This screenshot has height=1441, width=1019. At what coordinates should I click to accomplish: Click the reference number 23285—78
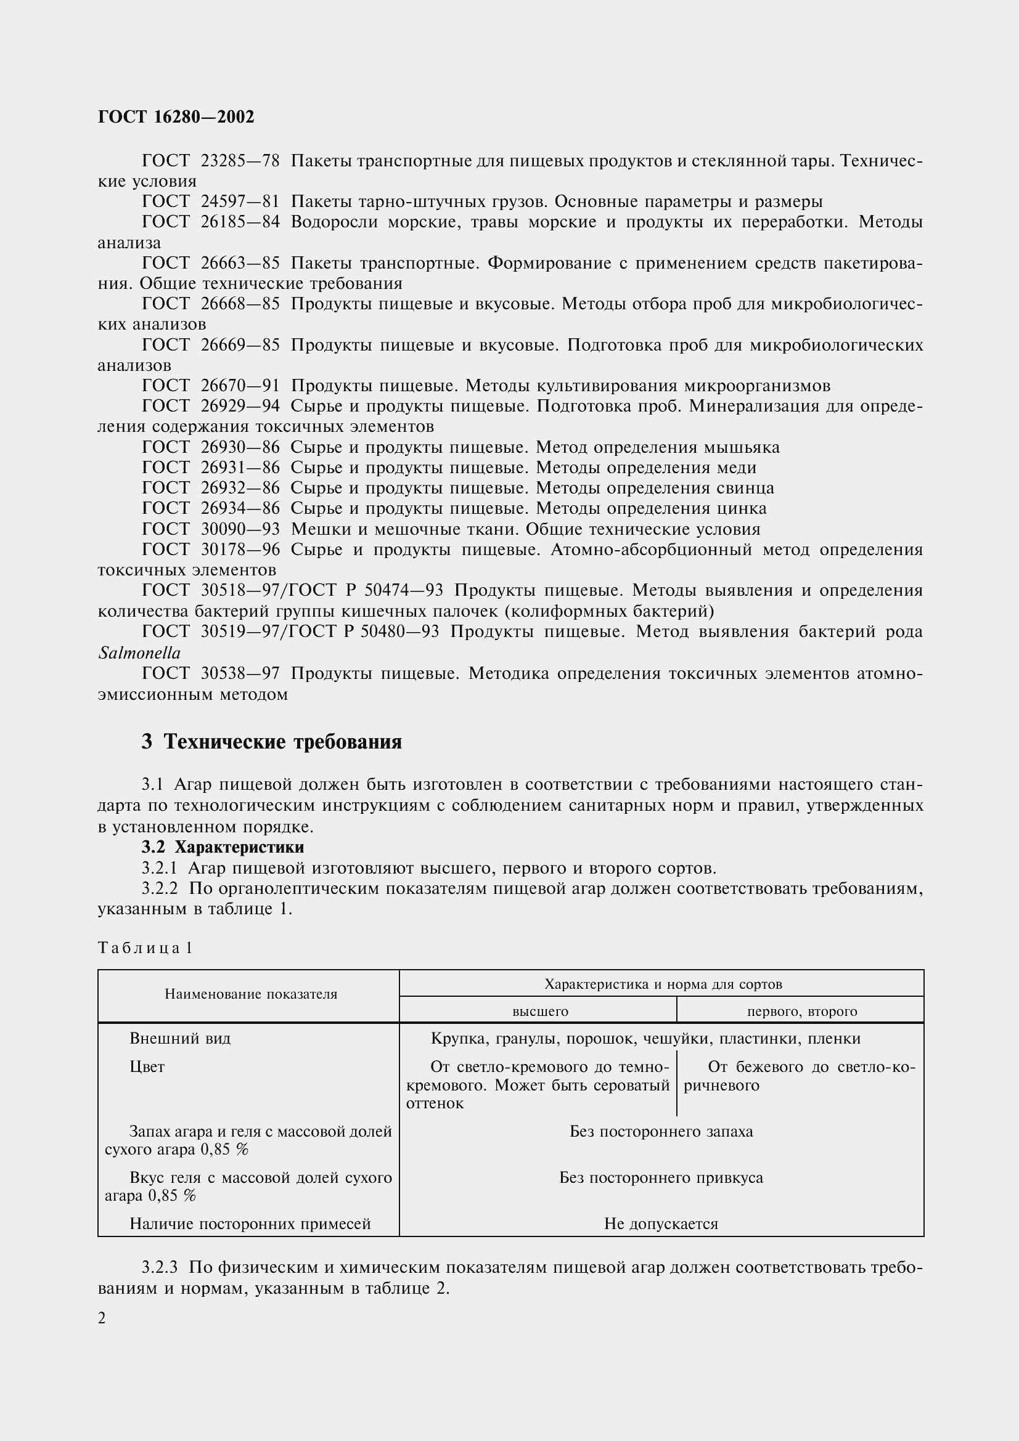click(x=240, y=161)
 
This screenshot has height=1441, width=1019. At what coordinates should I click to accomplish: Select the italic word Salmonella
click(x=139, y=653)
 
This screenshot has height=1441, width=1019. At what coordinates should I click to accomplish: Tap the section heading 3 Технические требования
click(x=271, y=742)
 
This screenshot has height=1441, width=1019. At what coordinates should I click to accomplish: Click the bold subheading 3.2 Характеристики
click(x=223, y=847)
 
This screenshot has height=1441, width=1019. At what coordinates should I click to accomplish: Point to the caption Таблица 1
click(x=144, y=948)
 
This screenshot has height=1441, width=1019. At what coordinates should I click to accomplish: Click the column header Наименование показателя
click(x=250, y=994)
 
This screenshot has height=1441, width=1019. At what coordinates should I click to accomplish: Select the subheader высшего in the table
click(x=540, y=1011)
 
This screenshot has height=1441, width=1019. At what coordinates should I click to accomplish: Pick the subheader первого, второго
click(x=801, y=1011)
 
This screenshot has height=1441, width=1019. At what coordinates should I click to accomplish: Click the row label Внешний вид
click(x=180, y=1039)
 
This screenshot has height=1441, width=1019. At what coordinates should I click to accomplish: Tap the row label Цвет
click(x=147, y=1067)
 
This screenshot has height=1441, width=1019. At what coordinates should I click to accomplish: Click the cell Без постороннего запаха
click(x=660, y=1132)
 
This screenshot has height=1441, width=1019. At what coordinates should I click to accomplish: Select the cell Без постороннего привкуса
click(x=660, y=1177)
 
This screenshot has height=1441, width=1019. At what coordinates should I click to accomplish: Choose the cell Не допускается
click(x=660, y=1224)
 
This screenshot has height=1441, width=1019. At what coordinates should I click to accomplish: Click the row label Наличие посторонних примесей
click(x=250, y=1224)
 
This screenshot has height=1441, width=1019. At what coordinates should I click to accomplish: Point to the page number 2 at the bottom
click(x=102, y=1318)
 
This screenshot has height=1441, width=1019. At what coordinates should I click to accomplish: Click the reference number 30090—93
click(x=240, y=529)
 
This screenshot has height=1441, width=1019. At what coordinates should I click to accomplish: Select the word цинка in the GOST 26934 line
click(x=745, y=508)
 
